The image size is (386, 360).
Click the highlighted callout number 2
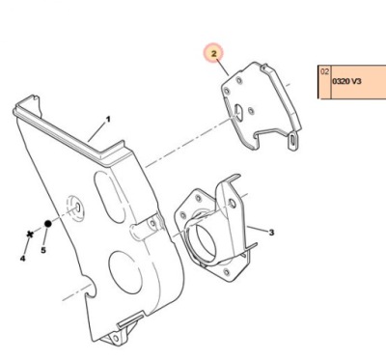(x=214, y=53)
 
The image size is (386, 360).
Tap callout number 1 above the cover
(x=108, y=119)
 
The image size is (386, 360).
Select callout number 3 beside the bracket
(x=271, y=232)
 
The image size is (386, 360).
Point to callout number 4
(x=22, y=258)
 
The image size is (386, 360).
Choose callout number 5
(x=43, y=250)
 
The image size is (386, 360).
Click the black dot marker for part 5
(x=47, y=224)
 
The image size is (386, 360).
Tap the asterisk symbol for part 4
(x=30, y=235)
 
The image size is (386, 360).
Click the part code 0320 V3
(x=346, y=81)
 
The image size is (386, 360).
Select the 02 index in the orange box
(x=324, y=71)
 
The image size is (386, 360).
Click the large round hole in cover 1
(x=124, y=272)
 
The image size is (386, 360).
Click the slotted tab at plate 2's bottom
(x=293, y=141)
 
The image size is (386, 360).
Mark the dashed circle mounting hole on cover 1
(x=76, y=208)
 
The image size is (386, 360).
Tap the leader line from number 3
(x=258, y=229)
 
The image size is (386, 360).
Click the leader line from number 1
(x=97, y=132)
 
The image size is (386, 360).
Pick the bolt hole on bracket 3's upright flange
(x=232, y=203)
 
